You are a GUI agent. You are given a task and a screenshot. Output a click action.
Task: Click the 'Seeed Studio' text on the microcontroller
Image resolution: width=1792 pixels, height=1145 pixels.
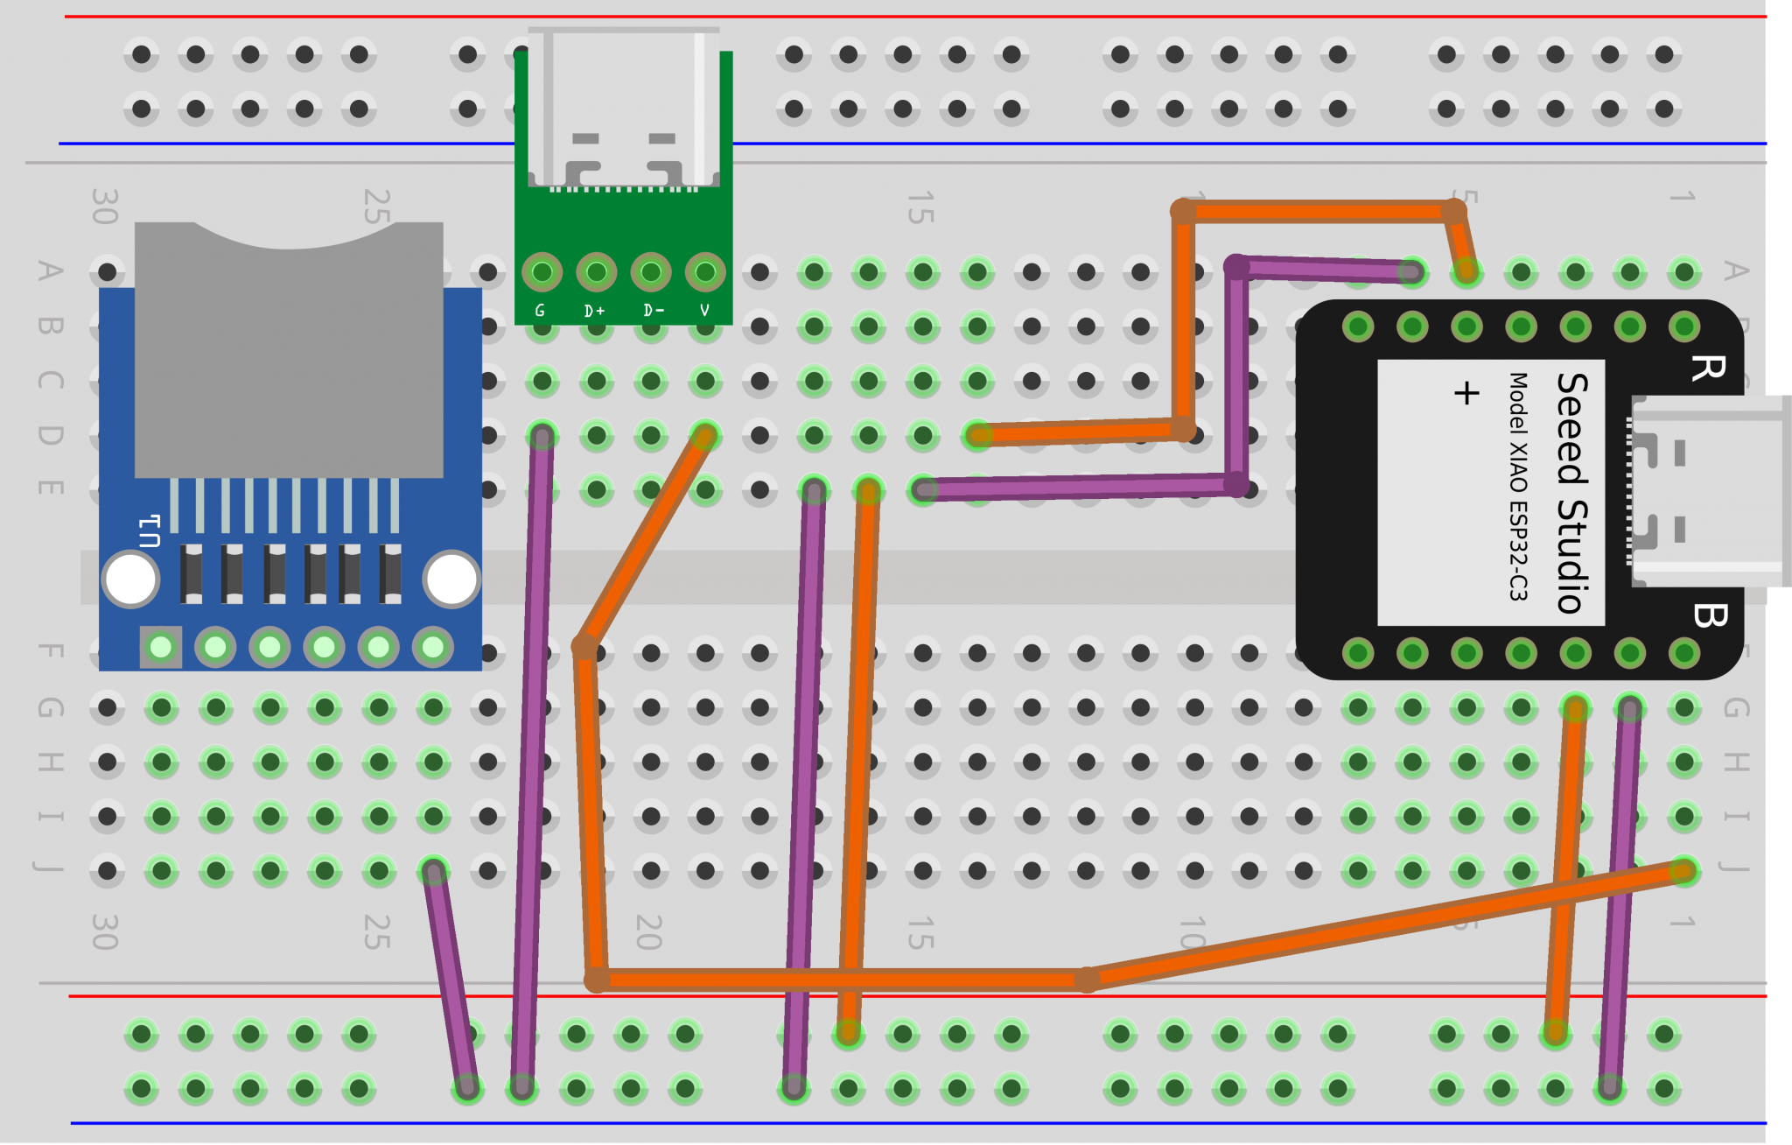[1572, 493]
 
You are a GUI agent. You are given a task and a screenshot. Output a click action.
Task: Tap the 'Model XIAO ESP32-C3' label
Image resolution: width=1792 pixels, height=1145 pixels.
[1518, 487]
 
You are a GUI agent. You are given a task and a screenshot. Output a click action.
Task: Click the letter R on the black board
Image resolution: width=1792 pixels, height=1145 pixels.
[1707, 368]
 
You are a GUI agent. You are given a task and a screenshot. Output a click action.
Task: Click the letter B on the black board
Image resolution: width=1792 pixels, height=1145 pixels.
[1709, 615]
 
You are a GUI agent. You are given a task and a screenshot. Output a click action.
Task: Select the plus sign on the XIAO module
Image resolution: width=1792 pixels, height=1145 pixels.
[1466, 392]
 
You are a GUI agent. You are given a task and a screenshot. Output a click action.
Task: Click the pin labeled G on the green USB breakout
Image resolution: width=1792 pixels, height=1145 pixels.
[542, 272]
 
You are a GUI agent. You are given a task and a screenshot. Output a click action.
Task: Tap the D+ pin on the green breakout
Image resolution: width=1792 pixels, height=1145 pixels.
[596, 272]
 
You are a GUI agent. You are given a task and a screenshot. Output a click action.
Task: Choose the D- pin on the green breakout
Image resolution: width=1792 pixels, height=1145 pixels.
[651, 272]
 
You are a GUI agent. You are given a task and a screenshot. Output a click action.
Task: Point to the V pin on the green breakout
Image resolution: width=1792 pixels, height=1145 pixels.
[705, 272]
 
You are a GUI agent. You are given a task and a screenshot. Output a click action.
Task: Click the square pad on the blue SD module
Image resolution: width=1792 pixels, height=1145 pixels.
[161, 647]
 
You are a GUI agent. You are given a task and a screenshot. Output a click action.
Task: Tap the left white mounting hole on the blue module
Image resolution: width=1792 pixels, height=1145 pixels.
[130, 579]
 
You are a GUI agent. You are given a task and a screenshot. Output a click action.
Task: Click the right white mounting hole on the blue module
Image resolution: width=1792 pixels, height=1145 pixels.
[451, 579]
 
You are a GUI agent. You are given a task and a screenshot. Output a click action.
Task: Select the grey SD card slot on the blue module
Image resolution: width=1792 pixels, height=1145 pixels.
[289, 350]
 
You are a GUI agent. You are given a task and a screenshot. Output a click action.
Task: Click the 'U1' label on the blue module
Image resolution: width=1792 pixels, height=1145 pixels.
[150, 531]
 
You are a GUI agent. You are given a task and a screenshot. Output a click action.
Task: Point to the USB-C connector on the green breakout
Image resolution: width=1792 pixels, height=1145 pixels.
[624, 109]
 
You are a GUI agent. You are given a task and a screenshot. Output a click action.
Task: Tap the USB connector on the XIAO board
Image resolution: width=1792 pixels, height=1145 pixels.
[1706, 490]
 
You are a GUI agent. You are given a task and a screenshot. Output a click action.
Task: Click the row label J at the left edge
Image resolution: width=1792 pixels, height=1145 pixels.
[50, 868]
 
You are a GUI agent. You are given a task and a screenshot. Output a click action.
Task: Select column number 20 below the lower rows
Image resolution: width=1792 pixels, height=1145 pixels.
[648, 932]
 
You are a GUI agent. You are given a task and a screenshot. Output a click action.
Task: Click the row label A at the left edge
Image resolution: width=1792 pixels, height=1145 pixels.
[50, 271]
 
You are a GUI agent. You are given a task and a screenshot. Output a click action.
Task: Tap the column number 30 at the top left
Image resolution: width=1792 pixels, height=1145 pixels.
[104, 207]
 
